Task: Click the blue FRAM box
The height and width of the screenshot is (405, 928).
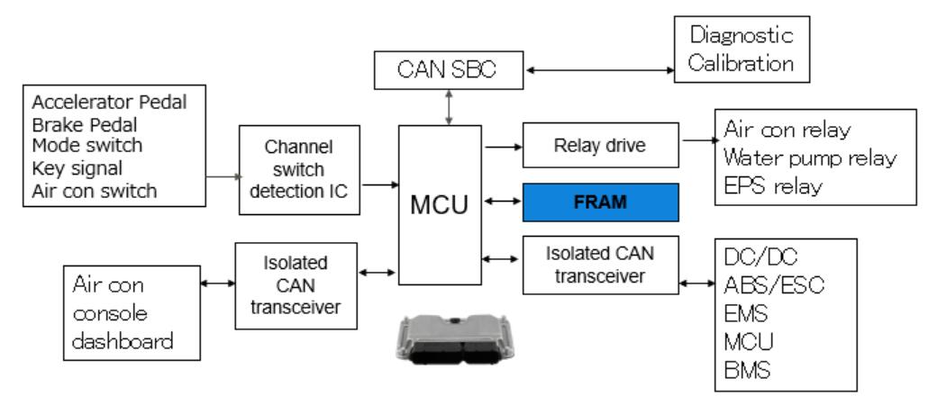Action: point(601,201)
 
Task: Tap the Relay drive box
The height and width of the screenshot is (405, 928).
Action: point(600,145)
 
